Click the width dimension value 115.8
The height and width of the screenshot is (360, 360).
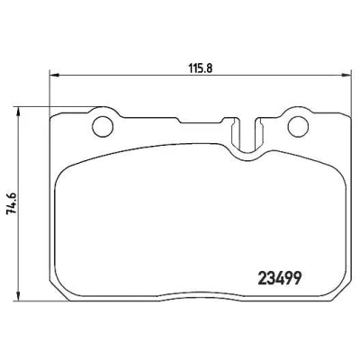(201, 68)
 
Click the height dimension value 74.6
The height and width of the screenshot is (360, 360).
(13, 202)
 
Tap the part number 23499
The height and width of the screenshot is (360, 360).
(279, 278)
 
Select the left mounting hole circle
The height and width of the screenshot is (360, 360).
(103, 127)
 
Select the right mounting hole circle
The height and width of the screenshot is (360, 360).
(298, 127)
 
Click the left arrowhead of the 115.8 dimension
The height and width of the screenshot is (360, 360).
(53, 75)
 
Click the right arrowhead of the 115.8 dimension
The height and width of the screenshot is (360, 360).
(346, 75)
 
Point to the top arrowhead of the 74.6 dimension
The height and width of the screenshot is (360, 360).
(19, 112)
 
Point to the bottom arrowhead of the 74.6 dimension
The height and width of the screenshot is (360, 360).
(19, 296)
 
